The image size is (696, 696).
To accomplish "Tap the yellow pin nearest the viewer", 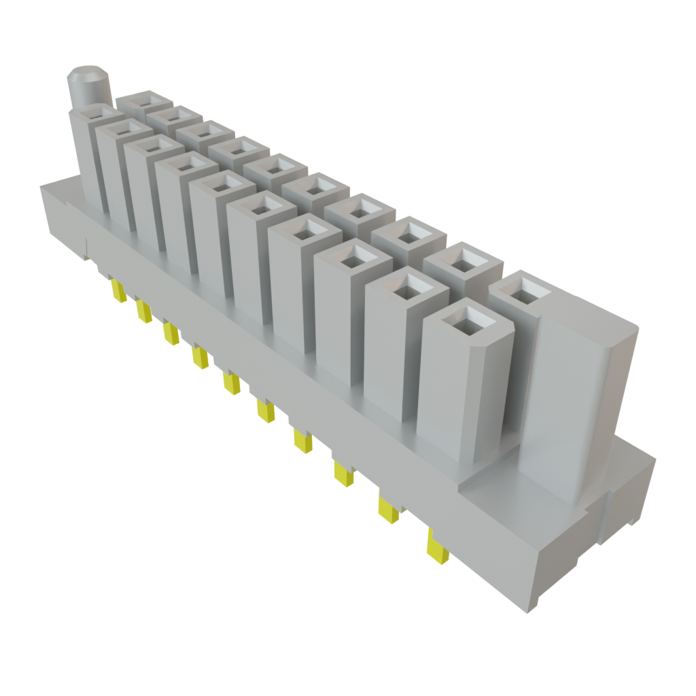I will (x=437, y=548).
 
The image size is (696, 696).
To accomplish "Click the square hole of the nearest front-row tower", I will (x=466, y=320).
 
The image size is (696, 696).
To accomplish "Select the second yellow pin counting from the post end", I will (x=143, y=312).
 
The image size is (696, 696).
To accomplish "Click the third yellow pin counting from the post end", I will (x=171, y=334).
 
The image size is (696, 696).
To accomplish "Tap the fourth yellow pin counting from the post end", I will (x=199, y=358).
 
